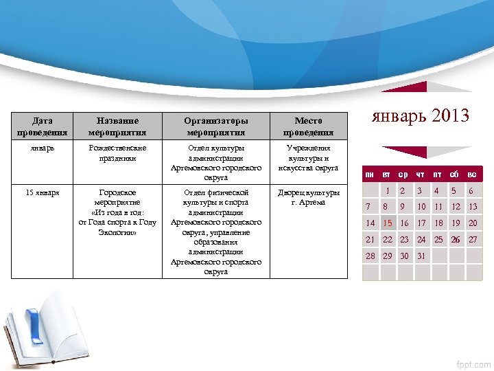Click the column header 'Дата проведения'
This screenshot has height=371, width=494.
tap(43, 126)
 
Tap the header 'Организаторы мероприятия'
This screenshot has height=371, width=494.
tap(216, 126)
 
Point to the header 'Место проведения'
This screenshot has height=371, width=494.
tap(308, 126)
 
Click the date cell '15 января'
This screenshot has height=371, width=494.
tap(43, 193)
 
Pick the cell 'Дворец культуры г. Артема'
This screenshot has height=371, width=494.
tap(308, 197)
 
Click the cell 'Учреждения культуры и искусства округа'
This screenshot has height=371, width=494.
tap(308, 158)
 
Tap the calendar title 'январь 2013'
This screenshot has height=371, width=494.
tap(420, 115)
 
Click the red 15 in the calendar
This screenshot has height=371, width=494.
tap(388, 223)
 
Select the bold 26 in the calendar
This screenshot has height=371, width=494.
tap(455, 240)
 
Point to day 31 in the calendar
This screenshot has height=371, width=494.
tap(421, 256)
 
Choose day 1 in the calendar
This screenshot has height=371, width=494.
tap(388, 190)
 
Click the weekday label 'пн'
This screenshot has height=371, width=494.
tap(370, 175)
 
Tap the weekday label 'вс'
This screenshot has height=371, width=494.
tap(472, 175)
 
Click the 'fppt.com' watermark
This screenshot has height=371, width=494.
tap(474, 363)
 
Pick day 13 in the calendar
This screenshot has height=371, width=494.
tap(473, 206)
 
